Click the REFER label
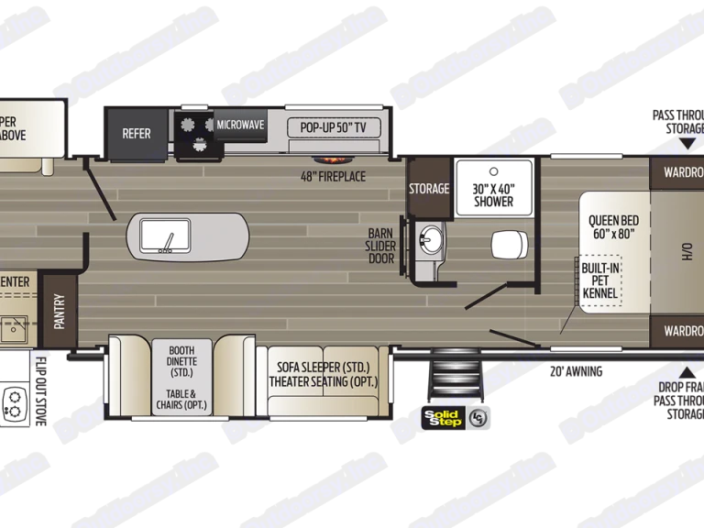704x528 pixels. point(137,133)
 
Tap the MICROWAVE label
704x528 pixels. point(240,125)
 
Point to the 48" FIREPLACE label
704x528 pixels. point(333,175)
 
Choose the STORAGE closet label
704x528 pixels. point(429,189)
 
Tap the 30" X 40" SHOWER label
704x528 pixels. point(494,194)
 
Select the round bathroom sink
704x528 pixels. point(427,241)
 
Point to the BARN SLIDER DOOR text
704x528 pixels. point(380,245)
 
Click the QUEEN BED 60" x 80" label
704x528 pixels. point(613,226)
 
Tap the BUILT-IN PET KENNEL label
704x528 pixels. point(600,280)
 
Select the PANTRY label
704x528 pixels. point(60,310)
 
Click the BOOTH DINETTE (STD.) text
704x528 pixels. point(182,361)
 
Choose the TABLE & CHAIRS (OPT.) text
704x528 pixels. point(182,399)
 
